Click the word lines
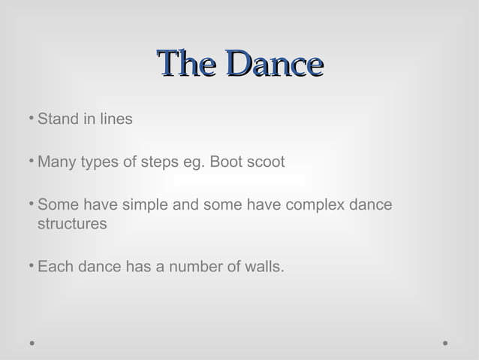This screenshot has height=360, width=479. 113,119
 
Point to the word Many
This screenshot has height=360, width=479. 56,162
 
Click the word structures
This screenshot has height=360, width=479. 72,224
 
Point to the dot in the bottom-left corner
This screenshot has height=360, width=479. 32,343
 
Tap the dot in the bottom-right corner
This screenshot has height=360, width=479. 445,343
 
